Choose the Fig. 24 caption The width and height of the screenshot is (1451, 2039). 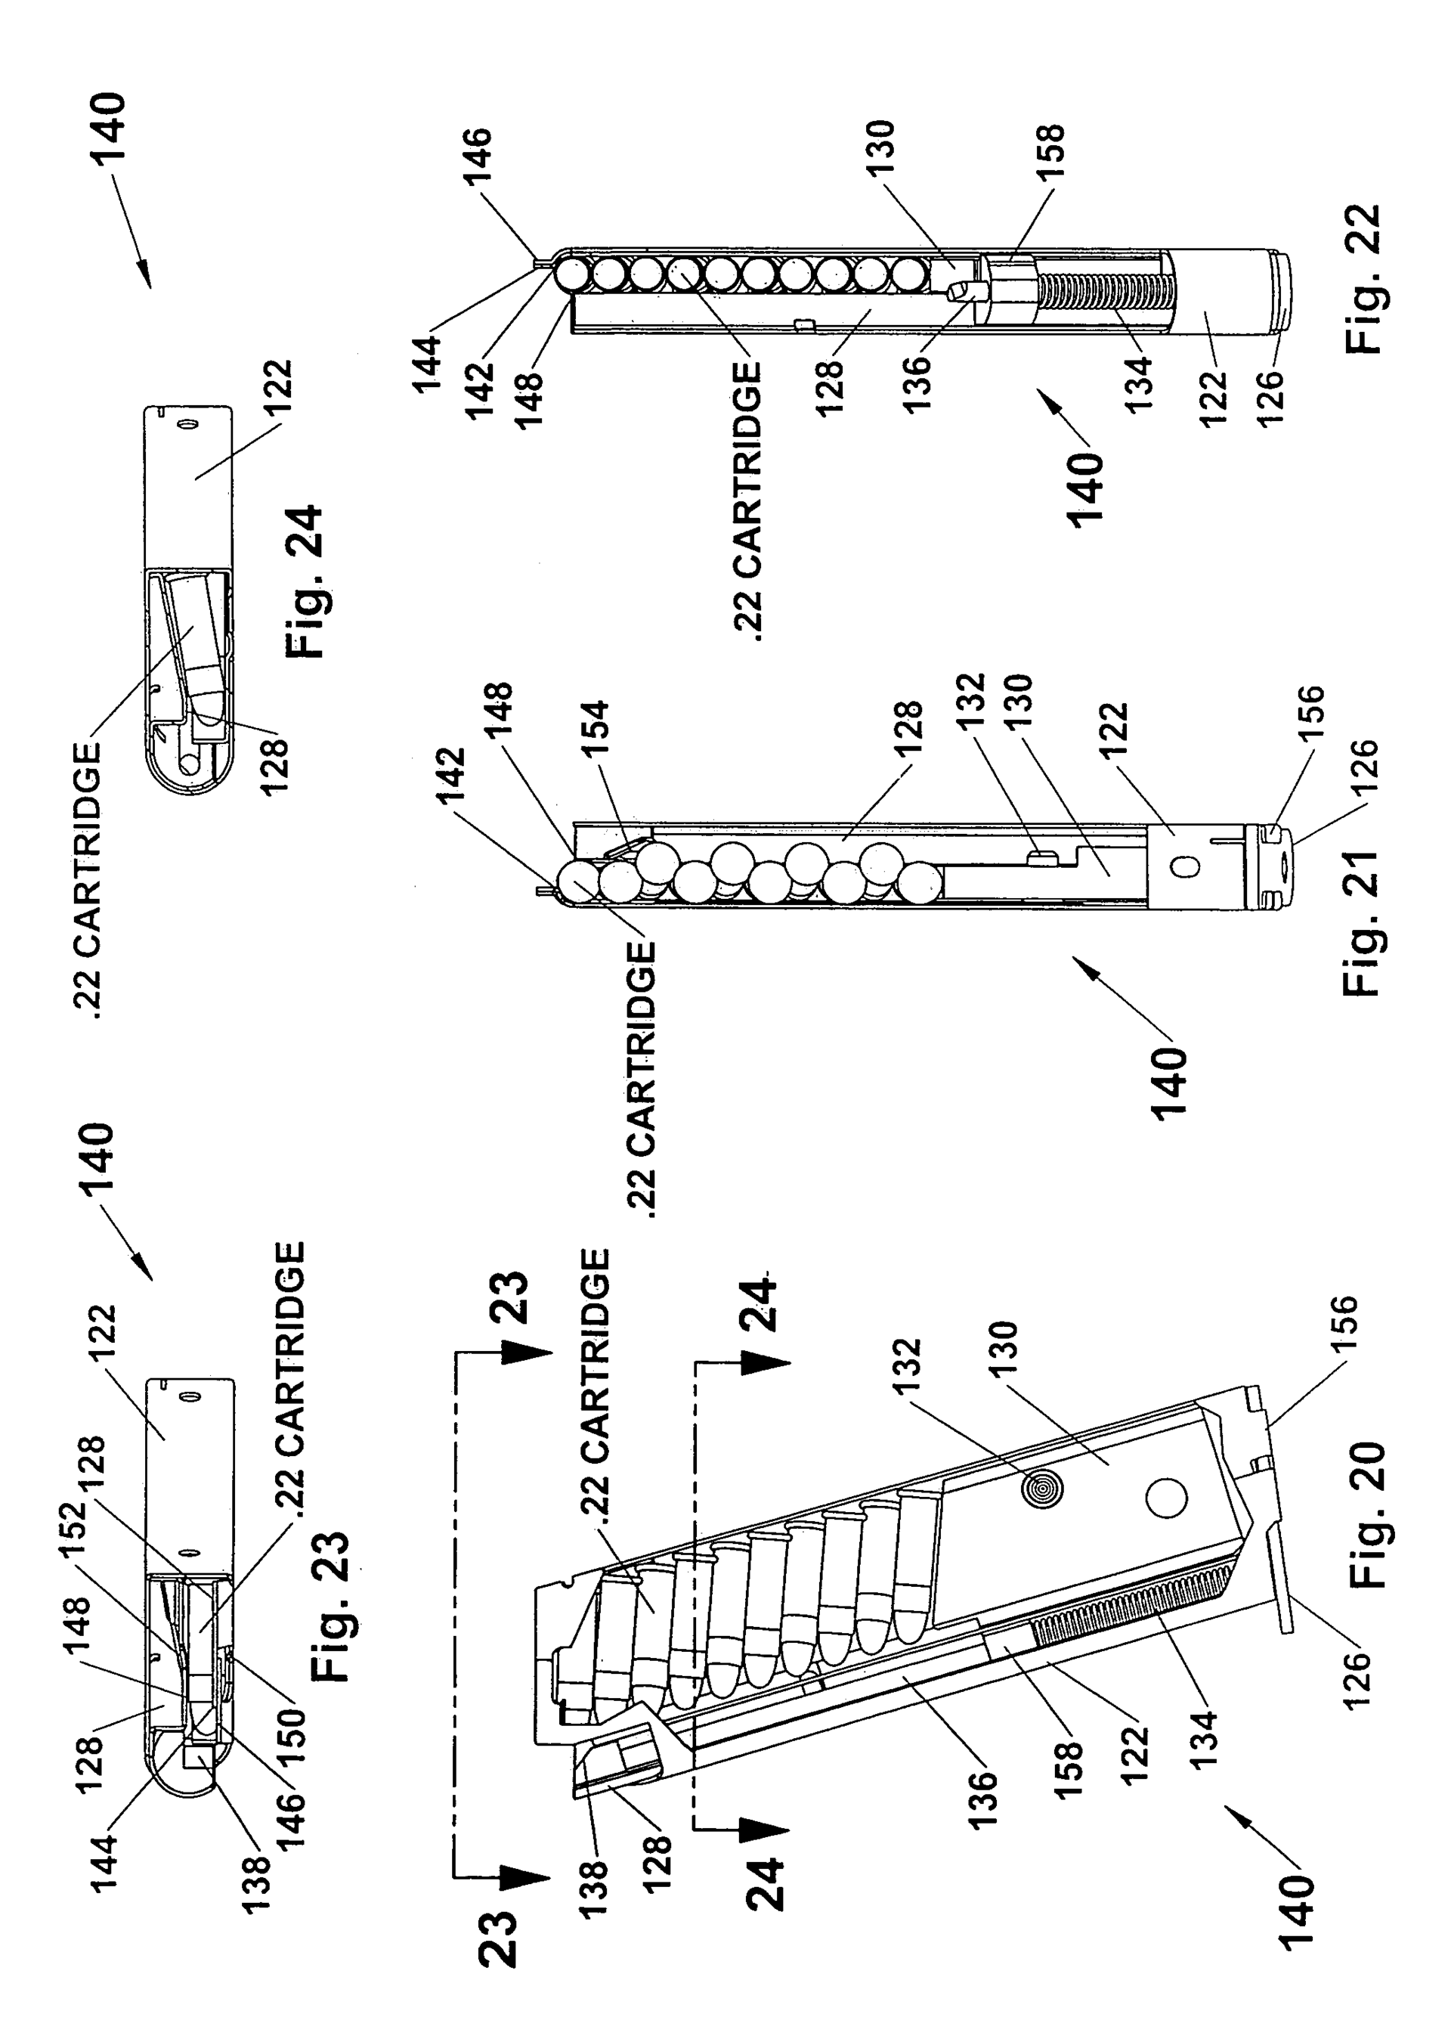pyautogui.click(x=303, y=582)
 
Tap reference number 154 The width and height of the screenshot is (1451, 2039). pyautogui.click(x=592, y=731)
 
